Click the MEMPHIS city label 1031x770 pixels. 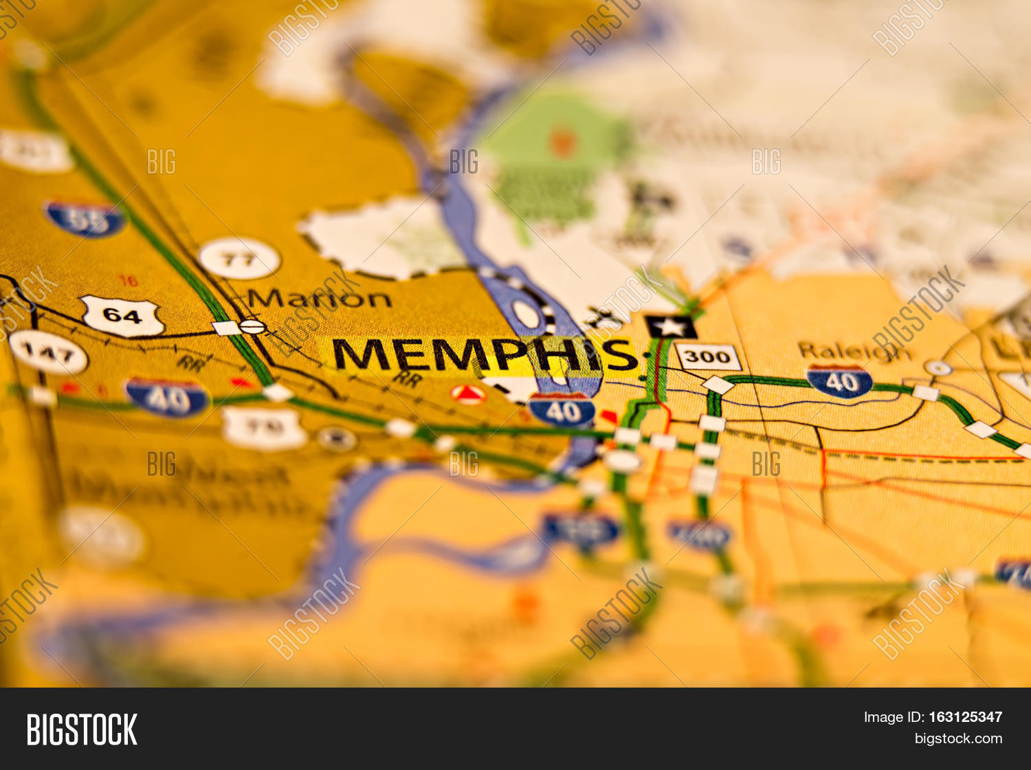(x=485, y=355)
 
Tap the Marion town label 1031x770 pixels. (x=319, y=299)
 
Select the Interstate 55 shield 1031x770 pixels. (x=85, y=219)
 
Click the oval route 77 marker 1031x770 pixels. (x=239, y=259)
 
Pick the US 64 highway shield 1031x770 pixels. (x=122, y=316)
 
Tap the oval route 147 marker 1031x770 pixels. (x=48, y=352)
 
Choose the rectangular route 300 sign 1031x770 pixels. (x=707, y=356)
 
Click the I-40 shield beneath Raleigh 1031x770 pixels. (x=839, y=382)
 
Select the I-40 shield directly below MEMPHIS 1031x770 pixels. (x=562, y=411)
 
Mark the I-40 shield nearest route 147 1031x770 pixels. (x=167, y=398)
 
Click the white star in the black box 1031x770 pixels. (x=670, y=326)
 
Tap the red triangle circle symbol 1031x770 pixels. (x=468, y=394)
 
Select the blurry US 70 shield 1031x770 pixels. (x=264, y=429)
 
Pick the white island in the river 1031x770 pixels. (x=526, y=314)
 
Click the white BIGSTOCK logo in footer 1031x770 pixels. (x=82, y=729)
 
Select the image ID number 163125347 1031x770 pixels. (x=965, y=717)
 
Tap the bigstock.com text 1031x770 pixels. (x=958, y=739)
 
